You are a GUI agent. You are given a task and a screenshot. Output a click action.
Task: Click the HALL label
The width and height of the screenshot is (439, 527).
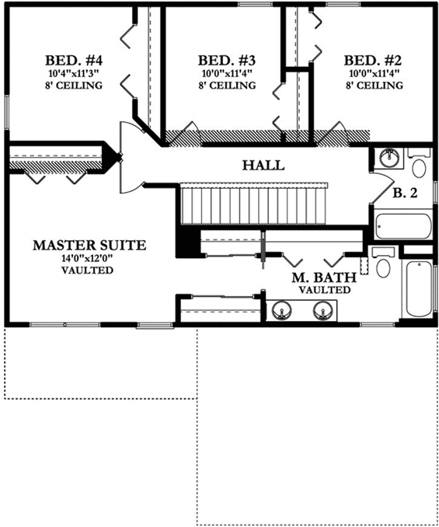tap(263, 166)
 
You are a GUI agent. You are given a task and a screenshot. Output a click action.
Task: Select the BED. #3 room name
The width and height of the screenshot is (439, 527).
tap(227, 60)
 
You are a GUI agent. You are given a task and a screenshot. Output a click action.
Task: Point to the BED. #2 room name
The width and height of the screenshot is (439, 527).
tap(373, 60)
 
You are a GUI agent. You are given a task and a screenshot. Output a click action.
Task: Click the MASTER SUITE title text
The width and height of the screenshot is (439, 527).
tap(89, 245)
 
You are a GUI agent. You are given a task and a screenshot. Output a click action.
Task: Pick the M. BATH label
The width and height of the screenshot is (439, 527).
tap(324, 277)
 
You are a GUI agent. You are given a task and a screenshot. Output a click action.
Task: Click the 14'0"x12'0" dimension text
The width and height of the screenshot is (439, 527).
tap(89, 258)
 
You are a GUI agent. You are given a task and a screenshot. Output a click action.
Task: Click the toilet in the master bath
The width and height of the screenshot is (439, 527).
tap(382, 267)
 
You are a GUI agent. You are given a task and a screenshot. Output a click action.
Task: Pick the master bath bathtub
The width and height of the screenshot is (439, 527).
tap(416, 288)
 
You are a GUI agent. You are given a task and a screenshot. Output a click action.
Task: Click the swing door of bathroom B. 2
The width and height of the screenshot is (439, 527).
tap(380, 184)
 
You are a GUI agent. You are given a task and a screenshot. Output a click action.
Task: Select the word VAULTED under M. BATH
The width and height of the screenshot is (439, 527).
tap(324, 289)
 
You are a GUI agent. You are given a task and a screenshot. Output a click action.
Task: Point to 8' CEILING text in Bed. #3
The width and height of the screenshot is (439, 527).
tap(227, 86)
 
